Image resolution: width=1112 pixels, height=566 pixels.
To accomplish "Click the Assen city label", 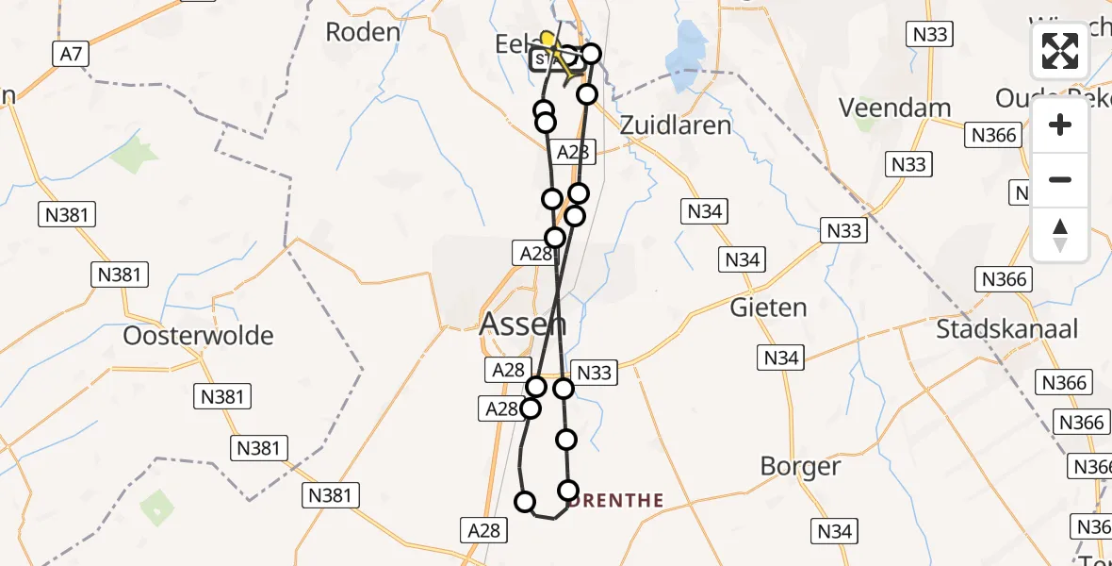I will (523, 325).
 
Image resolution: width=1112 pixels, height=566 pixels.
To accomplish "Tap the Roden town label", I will (363, 32).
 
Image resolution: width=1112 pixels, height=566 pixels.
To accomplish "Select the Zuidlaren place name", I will (676, 125).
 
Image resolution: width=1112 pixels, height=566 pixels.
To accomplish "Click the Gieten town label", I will (769, 308).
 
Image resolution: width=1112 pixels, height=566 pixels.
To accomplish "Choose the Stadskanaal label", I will (1006, 328).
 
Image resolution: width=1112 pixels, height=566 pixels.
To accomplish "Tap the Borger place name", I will (800, 466).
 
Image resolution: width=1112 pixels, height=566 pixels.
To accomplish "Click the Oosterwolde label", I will (198, 336).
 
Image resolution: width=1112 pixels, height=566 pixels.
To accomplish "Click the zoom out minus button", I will (1060, 180).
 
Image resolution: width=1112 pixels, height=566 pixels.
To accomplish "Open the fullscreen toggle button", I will (1060, 51).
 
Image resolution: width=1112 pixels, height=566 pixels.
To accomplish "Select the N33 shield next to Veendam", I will (909, 164).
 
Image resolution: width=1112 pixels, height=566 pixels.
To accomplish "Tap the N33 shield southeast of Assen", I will (594, 373).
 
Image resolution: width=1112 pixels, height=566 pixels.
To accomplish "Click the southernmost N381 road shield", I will (330, 494).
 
